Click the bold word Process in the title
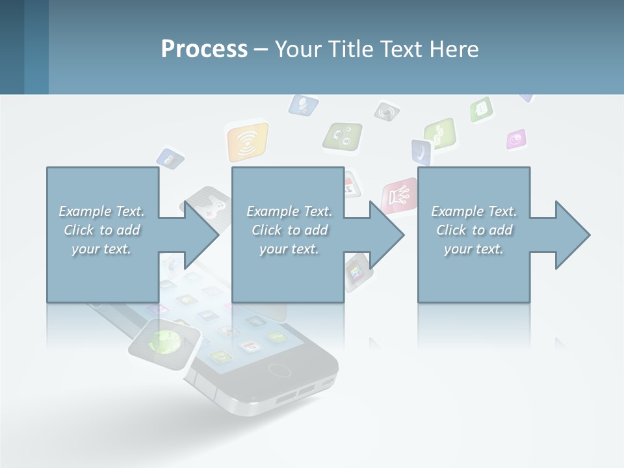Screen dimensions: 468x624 click(204, 49)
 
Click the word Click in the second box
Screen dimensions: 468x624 click(265, 230)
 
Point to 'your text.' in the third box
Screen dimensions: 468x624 click(474, 249)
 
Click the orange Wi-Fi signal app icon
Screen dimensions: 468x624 click(248, 142)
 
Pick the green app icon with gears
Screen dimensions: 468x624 click(343, 136)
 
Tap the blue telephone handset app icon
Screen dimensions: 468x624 click(421, 152)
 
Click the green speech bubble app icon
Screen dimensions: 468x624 click(482, 109)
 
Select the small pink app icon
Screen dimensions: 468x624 click(517, 138)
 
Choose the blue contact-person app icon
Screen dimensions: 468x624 click(303, 104)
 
